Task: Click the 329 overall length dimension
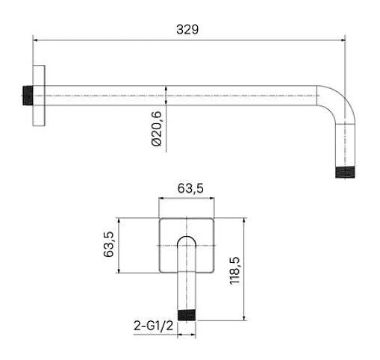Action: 187,29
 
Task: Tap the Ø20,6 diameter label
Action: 157,128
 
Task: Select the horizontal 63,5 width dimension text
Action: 190,188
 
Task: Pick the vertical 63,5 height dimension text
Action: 108,244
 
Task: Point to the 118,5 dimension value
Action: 234,270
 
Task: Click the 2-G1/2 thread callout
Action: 153,326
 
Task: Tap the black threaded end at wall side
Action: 28,96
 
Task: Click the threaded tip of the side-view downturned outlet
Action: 345,173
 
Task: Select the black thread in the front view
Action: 187,315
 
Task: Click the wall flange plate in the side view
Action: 39,96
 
